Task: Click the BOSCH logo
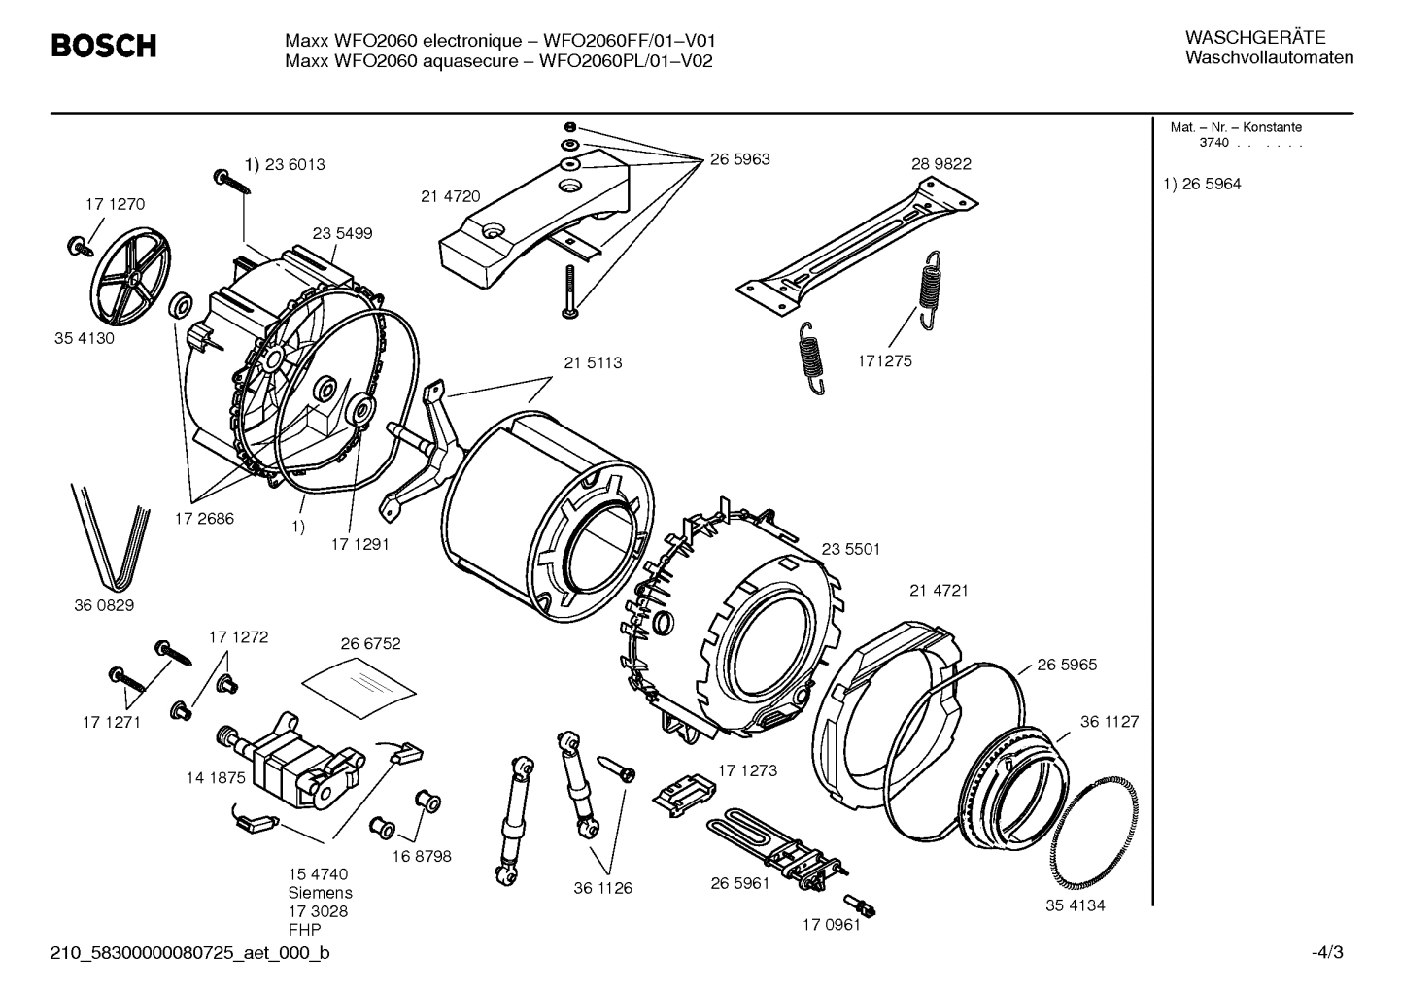(x=103, y=46)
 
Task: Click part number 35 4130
(x=84, y=339)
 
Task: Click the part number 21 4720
(x=450, y=196)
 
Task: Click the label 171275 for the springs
(x=884, y=361)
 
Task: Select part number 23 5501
(x=850, y=549)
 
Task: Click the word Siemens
(x=320, y=893)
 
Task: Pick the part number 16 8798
(x=422, y=857)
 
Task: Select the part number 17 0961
(x=831, y=925)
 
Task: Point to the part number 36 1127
(x=1110, y=722)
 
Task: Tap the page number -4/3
(x=1327, y=953)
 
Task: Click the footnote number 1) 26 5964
(x=1202, y=185)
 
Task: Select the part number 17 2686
(x=204, y=519)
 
